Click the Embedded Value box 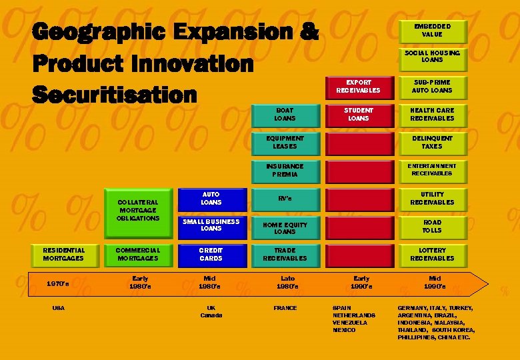[431, 31]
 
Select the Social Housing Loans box [431, 57]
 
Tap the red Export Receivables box [358, 87]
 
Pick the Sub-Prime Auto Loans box [431, 87]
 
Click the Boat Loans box [285, 115]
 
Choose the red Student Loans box [358, 115]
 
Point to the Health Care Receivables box [431, 115]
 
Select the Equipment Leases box [285, 143]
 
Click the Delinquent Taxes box [431, 143]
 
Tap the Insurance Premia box [285, 171]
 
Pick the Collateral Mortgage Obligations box [137, 211]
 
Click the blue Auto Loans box [211, 199]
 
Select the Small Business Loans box [211, 226]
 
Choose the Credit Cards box [211, 255]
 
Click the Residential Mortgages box [63, 255]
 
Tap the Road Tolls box [431, 227]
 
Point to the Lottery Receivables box [431, 255]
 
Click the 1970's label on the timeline [58, 284]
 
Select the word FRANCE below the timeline [285, 308]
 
